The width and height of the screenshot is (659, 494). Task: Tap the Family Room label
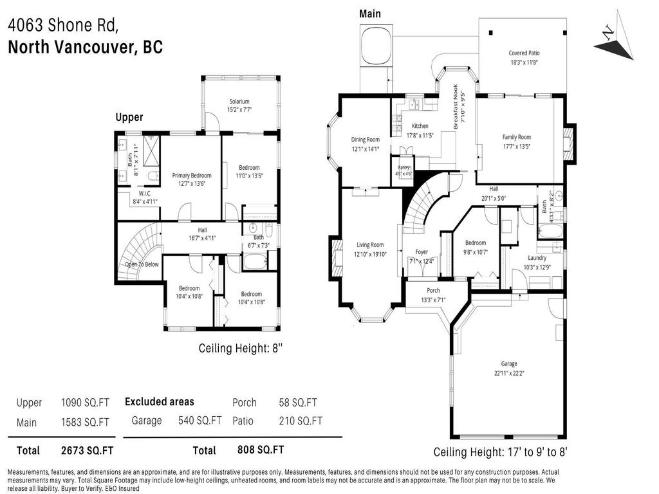(x=516, y=137)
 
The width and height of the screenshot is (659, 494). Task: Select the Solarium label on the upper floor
(x=239, y=101)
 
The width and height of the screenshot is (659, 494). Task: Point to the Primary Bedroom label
(x=191, y=175)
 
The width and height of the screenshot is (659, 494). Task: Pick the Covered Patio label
(x=524, y=53)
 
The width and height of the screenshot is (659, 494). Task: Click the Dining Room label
(x=365, y=140)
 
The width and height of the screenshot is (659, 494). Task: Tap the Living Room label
(x=370, y=244)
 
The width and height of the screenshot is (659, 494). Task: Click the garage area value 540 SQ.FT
(x=200, y=421)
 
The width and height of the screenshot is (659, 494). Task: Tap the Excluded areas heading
(x=159, y=401)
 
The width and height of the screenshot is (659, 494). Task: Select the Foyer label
(x=422, y=252)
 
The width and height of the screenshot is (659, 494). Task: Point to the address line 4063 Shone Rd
(x=63, y=26)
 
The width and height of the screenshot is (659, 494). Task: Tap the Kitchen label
(x=420, y=126)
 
